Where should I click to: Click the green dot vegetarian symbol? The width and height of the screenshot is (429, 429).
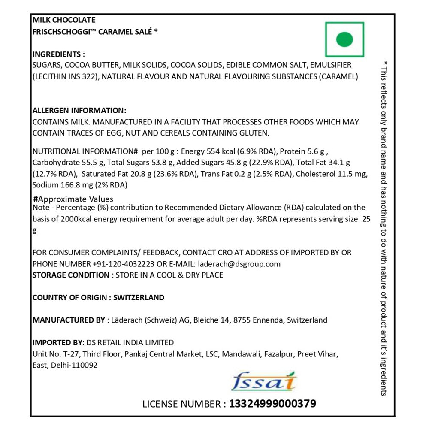pyautogui.click(x=344, y=40)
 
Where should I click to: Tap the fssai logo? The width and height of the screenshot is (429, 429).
pyautogui.click(x=263, y=381)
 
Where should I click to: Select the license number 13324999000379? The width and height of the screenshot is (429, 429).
pyautogui.click(x=273, y=404)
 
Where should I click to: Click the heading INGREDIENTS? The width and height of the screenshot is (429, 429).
pyautogui.click(x=59, y=54)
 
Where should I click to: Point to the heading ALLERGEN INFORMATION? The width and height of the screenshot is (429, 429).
pyautogui.click(x=79, y=110)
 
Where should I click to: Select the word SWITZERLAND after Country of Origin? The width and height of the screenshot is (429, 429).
pyautogui.click(x=139, y=297)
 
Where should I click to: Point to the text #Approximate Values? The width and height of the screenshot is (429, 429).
pyautogui.click(x=73, y=199)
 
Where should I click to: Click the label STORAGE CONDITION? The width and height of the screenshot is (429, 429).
pyautogui.click(x=71, y=275)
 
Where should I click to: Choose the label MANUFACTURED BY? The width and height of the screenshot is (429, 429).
pyautogui.click(x=69, y=320)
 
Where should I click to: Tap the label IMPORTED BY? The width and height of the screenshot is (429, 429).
pyautogui.click(x=57, y=342)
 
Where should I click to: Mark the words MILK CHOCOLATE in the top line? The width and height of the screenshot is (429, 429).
pyautogui.click(x=64, y=20)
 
